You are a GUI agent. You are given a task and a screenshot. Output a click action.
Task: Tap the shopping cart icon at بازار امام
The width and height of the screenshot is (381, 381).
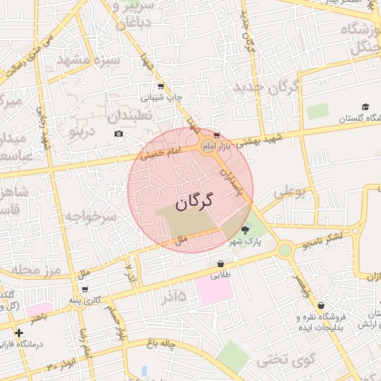click(x=217, y=135)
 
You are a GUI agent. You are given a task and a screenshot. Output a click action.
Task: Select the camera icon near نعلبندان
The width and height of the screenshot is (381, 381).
click(x=118, y=133)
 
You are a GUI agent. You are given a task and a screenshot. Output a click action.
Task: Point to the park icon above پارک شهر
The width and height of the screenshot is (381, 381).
click(x=246, y=230)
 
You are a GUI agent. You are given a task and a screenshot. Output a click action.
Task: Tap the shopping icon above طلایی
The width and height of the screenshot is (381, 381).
click(x=221, y=263)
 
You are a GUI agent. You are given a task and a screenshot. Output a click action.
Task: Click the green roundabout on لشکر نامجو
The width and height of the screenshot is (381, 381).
click(x=285, y=250)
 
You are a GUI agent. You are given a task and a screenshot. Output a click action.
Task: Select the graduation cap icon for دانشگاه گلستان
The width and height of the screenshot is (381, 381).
click(x=365, y=106)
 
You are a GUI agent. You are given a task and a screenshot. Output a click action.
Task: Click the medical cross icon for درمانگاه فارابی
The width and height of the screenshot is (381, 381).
click(x=19, y=332)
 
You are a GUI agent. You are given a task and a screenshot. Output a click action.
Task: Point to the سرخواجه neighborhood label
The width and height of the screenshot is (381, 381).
click(x=92, y=217)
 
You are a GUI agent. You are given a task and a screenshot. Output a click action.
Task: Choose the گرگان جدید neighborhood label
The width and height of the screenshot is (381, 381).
click(x=266, y=87)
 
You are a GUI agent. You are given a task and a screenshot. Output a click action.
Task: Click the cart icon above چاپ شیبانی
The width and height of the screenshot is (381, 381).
click(x=159, y=86)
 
